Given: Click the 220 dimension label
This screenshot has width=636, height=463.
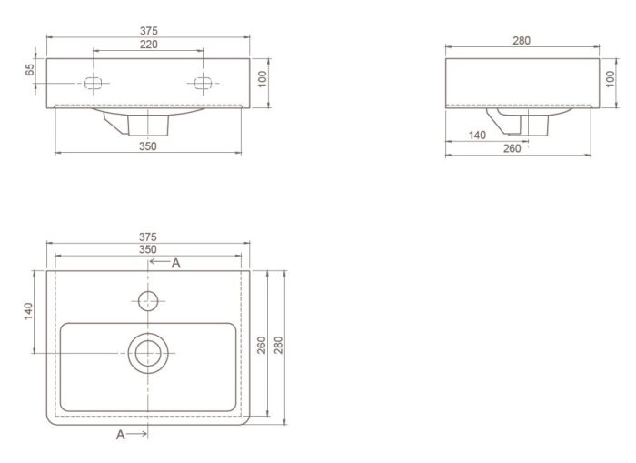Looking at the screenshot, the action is (x=149, y=45).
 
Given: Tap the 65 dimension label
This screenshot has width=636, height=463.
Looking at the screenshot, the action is (x=30, y=69).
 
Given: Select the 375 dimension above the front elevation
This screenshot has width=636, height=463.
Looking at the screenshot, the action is (x=149, y=31).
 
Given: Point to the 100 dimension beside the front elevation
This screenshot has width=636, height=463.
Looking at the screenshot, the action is (x=263, y=79).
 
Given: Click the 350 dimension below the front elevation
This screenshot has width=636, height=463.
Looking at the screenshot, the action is (x=147, y=146).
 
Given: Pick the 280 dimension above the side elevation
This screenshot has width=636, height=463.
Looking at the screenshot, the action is (x=522, y=41).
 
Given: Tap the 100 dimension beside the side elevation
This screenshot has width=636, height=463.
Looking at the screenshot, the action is (x=610, y=79).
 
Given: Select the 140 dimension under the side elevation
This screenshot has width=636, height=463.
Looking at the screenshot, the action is (x=477, y=136).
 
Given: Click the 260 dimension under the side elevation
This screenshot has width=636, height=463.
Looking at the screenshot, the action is (x=512, y=148).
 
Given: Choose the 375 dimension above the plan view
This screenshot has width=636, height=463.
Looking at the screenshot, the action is (x=147, y=237).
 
